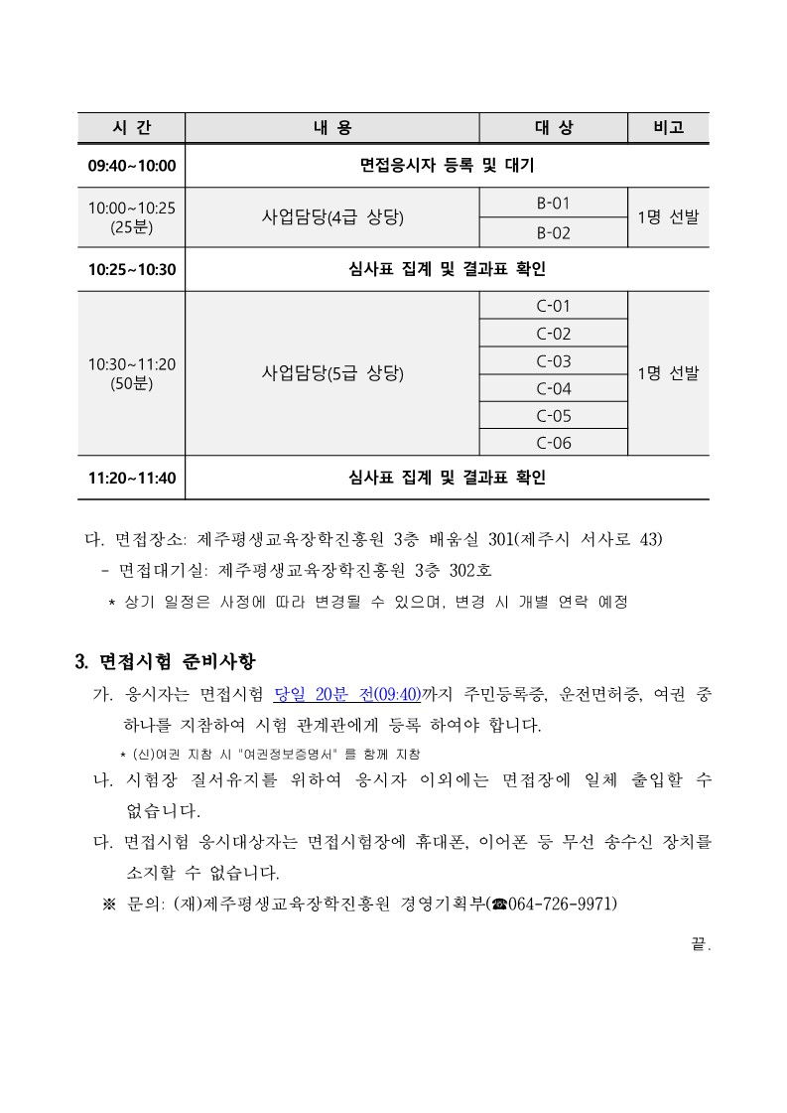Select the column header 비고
[x=668, y=128]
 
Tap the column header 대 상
[x=553, y=128]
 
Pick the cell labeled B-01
[x=553, y=203]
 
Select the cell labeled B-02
[x=553, y=233]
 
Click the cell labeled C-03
[x=553, y=361]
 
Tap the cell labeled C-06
[x=553, y=443]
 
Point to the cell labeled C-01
[x=553, y=306]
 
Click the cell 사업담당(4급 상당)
[x=331, y=217]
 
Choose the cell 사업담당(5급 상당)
[x=331, y=373]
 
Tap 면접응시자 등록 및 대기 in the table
[x=447, y=165]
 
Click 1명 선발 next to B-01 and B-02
[x=668, y=217]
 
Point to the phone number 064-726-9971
[x=562, y=903]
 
